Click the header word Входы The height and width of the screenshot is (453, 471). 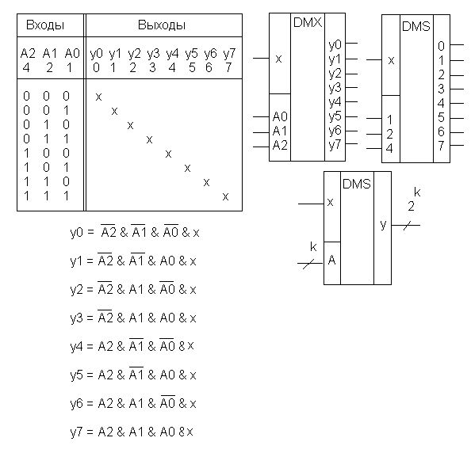(45, 25)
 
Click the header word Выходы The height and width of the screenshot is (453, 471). (162, 25)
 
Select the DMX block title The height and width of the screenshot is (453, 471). (308, 22)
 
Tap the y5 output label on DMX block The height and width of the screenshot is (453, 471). (335, 116)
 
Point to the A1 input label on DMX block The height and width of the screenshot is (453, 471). (280, 131)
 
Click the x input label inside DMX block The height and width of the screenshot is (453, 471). (279, 59)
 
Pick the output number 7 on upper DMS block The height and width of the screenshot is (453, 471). (441, 146)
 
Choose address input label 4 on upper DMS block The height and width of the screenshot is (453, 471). (389, 149)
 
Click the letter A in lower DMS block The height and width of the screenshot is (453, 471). (331, 260)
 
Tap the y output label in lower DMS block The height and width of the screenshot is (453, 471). (383, 224)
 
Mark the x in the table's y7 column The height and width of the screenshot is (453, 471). (225, 196)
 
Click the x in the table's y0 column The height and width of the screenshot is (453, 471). (98, 97)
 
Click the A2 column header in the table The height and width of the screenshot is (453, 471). (28, 54)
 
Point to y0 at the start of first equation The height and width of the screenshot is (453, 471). (76, 233)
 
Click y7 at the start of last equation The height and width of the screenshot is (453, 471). (76, 432)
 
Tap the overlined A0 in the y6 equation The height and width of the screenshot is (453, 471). (167, 402)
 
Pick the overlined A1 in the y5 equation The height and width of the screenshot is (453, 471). (136, 374)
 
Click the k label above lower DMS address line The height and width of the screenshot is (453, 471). (313, 247)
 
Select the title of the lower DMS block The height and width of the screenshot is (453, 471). (357, 184)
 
